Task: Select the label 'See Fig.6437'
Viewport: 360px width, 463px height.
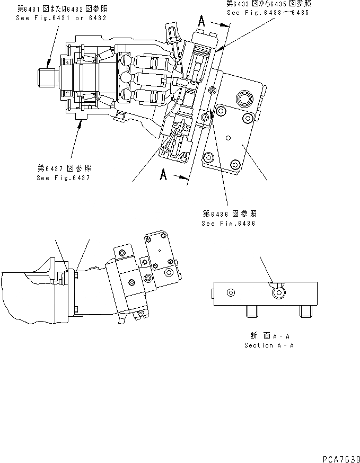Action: pyautogui.click(x=63, y=177)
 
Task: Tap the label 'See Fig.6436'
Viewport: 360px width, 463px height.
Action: pyautogui.click(x=229, y=223)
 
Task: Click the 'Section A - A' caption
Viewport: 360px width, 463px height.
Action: pyautogui.click(x=269, y=345)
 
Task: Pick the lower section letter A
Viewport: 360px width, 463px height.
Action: pyautogui.click(x=165, y=174)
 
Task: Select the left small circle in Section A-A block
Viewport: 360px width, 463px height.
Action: pyautogui.click(x=230, y=293)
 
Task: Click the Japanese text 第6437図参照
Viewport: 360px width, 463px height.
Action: pyautogui.click(x=64, y=168)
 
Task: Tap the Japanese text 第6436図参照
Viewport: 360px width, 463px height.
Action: pyautogui.click(x=229, y=213)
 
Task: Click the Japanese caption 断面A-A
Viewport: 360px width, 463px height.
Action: pyautogui.click(x=269, y=336)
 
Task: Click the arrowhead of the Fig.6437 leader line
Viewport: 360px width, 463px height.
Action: pyautogui.click(x=80, y=123)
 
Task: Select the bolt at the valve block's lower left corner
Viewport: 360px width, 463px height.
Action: pyautogui.click(x=208, y=157)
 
